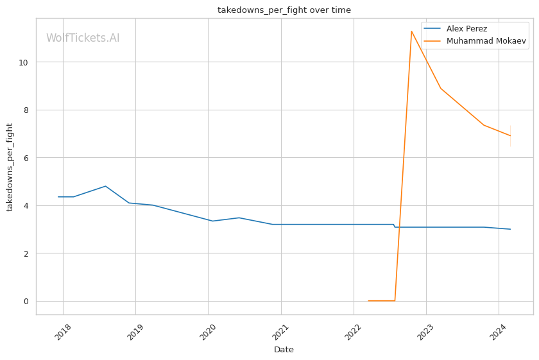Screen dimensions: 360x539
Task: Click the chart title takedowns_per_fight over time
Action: click(x=284, y=10)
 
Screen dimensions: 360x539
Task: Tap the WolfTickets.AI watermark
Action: click(x=83, y=39)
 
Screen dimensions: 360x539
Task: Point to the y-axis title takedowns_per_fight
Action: click(x=10, y=167)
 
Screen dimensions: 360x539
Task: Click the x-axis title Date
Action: click(x=284, y=350)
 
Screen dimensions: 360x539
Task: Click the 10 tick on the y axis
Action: click(x=24, y=62)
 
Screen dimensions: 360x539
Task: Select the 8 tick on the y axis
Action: click(x=26, y=110)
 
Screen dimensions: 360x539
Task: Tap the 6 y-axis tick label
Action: click(x=26, y=158)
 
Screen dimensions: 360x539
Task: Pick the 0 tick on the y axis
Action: click(x=26, y=302)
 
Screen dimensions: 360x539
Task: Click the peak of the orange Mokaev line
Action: click(x=411, y=31)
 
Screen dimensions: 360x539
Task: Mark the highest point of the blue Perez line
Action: click(x=105, y=186)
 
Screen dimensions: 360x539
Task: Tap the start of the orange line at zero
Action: click(x=368, y=301)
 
